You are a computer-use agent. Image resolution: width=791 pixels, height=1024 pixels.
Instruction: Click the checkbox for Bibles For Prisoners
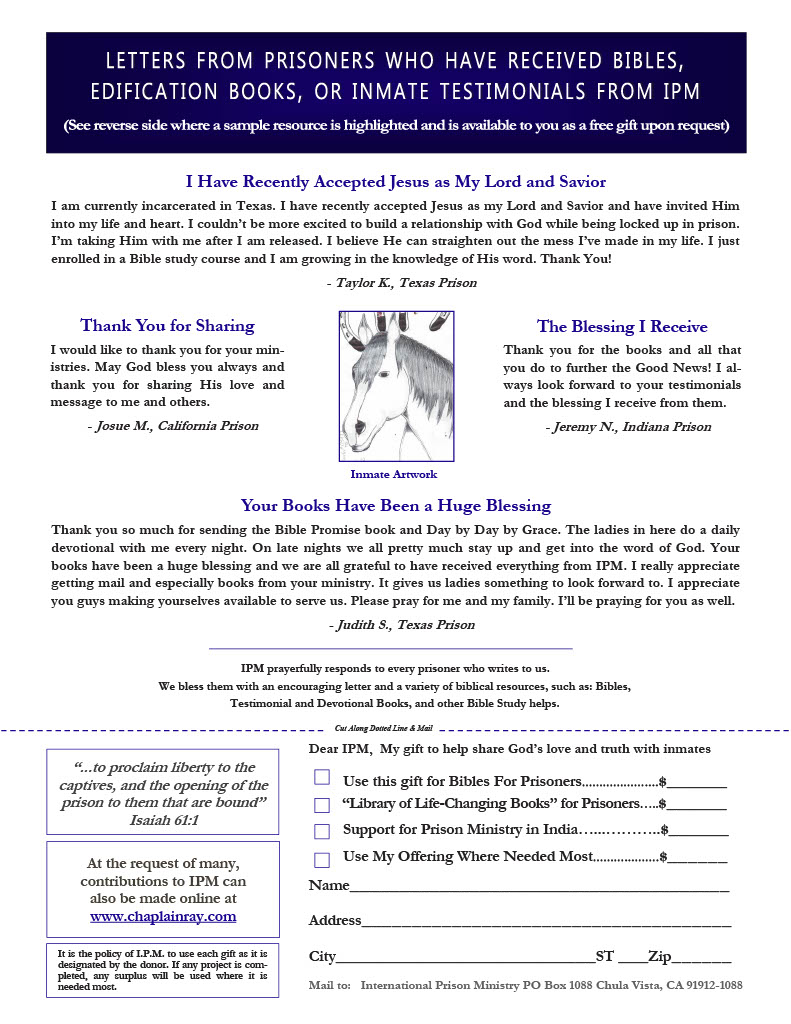tap(322, 777)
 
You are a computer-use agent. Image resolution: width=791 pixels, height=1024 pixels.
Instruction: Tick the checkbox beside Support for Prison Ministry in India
tap(322, 831)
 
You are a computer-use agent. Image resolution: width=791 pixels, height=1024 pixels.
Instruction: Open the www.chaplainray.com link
tap(163, 916)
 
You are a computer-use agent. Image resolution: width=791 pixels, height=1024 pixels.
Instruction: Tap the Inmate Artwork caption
tap(393, 475)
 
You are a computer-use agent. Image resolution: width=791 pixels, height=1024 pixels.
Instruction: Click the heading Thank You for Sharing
tap(167, 326)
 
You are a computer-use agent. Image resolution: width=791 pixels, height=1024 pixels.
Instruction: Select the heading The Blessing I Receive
tap(622, 327)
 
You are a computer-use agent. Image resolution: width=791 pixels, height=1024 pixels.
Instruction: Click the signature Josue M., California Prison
tap(172, 426)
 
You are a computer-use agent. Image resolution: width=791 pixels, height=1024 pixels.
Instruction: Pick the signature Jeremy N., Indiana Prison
tap(628, 427)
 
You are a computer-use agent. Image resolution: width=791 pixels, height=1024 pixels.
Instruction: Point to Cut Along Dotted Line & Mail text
tap(384, 730)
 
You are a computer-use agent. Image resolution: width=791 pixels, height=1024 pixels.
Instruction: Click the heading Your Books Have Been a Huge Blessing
tap(396, 506)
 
